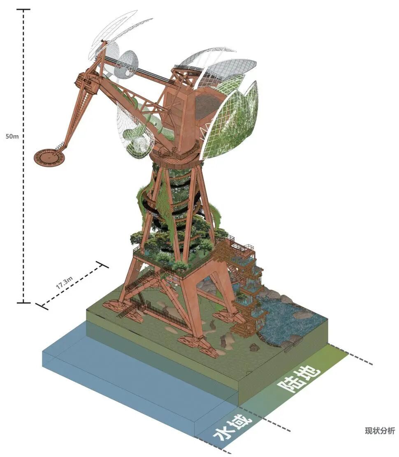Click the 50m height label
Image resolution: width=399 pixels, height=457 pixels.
(x=12, y=136)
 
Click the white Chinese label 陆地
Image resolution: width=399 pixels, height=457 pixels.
(x=299, y=379)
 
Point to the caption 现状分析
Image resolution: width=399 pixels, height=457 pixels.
(x=380, y=431)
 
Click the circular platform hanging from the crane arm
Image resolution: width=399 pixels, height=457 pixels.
(x=49, y=158)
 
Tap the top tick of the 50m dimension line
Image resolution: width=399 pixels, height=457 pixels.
(x=23, y=9)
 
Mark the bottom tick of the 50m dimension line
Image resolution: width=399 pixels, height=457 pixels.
(x=23, y=302)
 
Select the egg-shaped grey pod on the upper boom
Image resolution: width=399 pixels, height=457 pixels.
(x=126, y=64)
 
